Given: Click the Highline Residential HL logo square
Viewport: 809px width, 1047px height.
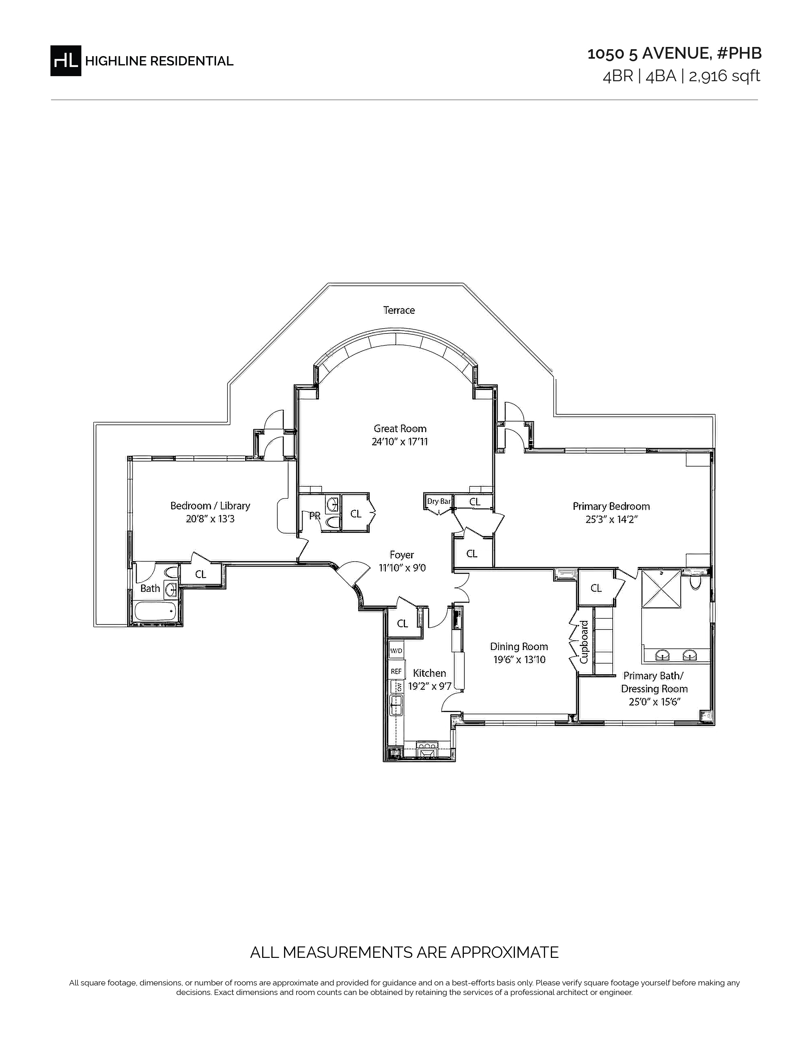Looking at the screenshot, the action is click(x=66, y=60).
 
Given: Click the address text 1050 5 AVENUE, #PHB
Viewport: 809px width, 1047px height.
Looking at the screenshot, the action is click(x=674, y=54).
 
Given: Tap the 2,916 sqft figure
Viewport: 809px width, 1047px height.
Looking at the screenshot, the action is click(x=724, y=76).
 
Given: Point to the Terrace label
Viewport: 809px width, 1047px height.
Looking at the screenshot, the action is click(x=399, y=310).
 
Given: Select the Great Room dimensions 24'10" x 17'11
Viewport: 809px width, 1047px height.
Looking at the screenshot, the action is click(x=400, y=442).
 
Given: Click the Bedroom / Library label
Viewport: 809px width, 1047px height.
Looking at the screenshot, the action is click(x=210, y=506).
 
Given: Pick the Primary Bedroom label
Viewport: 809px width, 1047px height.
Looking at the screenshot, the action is click(x=611, y=506).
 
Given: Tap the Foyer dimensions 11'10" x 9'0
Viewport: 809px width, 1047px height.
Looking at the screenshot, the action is click(x=402, y=568).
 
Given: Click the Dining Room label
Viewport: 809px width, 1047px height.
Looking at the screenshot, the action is click(x=519, y=646).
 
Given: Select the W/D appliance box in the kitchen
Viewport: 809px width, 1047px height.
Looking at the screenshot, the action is click(x=396, y=650).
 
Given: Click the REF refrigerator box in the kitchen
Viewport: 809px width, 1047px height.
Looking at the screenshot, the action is click(x=396, y=671).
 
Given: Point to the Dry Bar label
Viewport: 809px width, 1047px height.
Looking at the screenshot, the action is click(x=438, y=501).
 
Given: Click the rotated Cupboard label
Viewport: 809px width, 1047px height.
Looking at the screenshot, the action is click(x=584, y=642).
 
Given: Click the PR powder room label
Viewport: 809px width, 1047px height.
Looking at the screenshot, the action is click(x=314, y=516).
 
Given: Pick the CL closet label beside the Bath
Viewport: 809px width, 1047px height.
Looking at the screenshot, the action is click(x=200, y=574).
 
